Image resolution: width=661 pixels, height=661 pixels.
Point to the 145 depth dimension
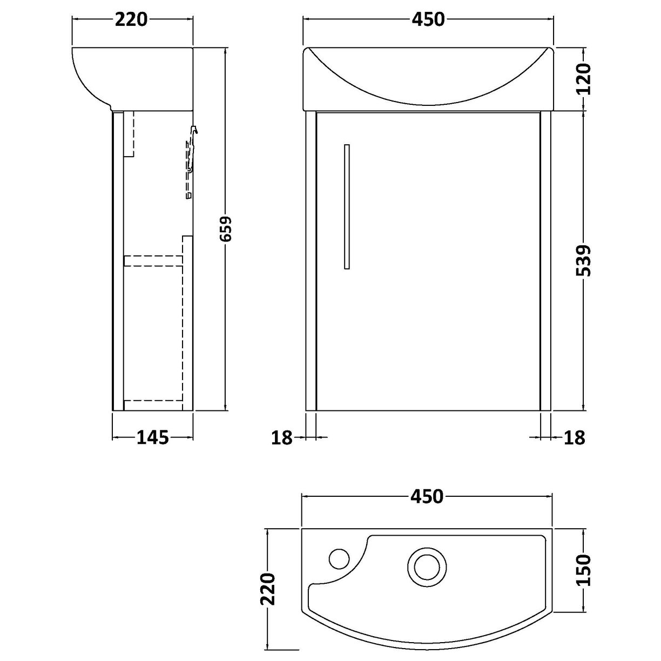tap(152, 437)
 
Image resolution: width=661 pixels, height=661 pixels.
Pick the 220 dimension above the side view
tap(131, 19)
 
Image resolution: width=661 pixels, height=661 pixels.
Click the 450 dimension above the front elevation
tap(428, 19)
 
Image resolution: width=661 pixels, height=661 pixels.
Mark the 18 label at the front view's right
tap(574, 437)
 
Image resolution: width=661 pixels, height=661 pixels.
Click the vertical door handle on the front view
tap(347, 206)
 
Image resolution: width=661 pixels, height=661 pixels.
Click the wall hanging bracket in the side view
tap(191, 162)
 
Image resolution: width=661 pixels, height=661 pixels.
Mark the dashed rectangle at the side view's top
tap(129, 133)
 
